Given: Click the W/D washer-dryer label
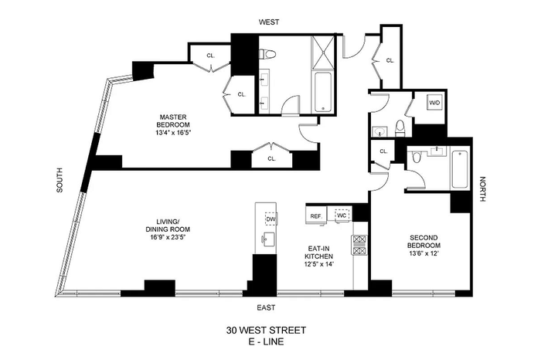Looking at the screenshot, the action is (434, 103).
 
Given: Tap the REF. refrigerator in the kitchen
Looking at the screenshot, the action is (316, 216).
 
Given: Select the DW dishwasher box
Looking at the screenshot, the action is (270, 219).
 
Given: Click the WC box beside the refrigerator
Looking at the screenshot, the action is (342, 216).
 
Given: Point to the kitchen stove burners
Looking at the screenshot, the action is (359, 245).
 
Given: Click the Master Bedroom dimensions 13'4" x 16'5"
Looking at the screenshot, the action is (173, 133).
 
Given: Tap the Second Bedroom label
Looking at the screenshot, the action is (424, 241).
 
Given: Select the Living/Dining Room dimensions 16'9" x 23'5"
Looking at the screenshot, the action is (168, 237).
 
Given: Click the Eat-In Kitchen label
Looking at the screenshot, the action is (321, 253).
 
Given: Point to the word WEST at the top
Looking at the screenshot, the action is (269, 22).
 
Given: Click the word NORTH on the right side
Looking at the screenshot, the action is (482, 189).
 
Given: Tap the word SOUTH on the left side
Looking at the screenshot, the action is (60, 180).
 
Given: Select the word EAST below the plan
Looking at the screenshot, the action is (266, 307).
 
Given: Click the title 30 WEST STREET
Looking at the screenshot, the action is (266, 331).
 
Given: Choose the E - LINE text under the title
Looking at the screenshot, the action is (266, 341).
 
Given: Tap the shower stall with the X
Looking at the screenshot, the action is (323, 53).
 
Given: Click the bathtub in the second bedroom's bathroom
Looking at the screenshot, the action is (460, 168).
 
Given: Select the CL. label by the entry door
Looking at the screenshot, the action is (390, 60).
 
